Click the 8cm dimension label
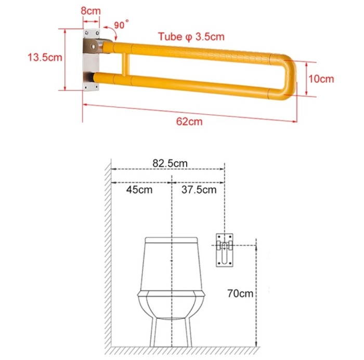[x=91, y=11]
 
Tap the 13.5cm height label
[x=45, y=57]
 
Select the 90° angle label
[x=121, y=24]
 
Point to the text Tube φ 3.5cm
[x=191, y=37]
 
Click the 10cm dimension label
[x=321, y=79]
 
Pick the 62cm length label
[x=189, y=122]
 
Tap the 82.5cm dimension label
[x=170, y=163]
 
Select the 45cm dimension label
[x=139, y=190]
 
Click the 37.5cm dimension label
[x=199, y=190]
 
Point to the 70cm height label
[x=240, y=294]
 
